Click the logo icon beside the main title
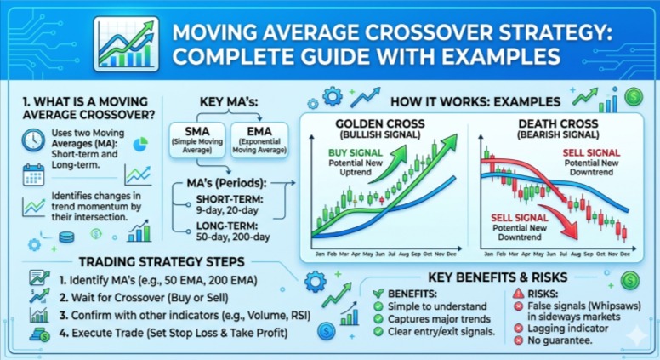pos(127,42)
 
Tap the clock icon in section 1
pos(33,140)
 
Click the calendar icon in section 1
pos(33,175)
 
